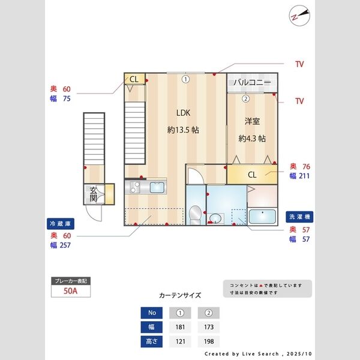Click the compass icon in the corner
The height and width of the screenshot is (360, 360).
tap(298, 16)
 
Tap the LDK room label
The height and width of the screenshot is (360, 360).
tap(183, 113)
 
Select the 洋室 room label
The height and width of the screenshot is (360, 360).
tap(252, 121)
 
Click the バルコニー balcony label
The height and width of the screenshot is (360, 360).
tap(252, 83)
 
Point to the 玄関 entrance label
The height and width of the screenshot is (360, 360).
tap(94, 194)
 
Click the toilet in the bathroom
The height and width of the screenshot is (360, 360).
tap(194, 214)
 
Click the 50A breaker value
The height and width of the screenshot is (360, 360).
tap(71, 291)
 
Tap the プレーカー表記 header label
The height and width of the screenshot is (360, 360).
tap(71, 280)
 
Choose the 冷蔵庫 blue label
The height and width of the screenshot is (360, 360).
tap(60, 223)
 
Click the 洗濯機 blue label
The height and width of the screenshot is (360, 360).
tap(299, 216)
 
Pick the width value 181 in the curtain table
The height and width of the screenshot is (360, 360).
tap(179, 328)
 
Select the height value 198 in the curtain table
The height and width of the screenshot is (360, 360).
tap(209, 342)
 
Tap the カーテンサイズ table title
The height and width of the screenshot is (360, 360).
tap(180, 296)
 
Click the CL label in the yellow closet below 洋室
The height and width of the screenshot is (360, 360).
tap(252, 175)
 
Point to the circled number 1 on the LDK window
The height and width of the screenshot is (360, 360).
tap(186, 79)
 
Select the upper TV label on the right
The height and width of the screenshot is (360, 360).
tap(299, 64)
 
